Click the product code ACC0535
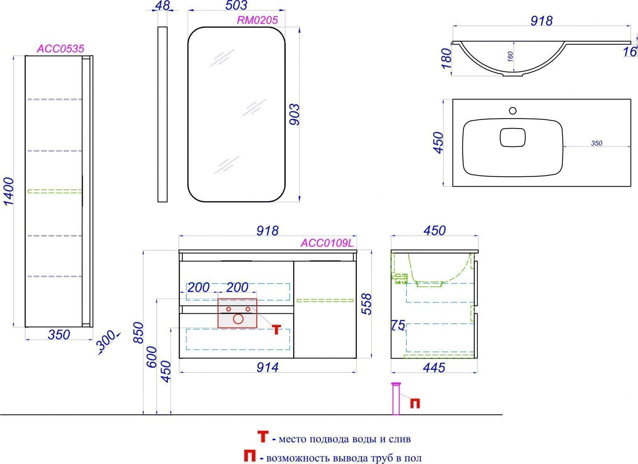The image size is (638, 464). (x=61, y=49)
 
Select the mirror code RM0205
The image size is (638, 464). (x=257, y=20)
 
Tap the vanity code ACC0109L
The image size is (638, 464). (x=327, y=243)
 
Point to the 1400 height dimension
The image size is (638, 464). (x=9, y=191)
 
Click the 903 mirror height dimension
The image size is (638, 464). (x=294, y=114)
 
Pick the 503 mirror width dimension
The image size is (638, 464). (x=236, y=5)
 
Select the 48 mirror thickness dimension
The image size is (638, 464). (x=163, y=5)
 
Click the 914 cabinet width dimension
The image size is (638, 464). (x=267, y=367)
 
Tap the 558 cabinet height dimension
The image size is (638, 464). (x=367, y=304)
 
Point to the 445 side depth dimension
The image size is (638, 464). (x=434, y=368)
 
